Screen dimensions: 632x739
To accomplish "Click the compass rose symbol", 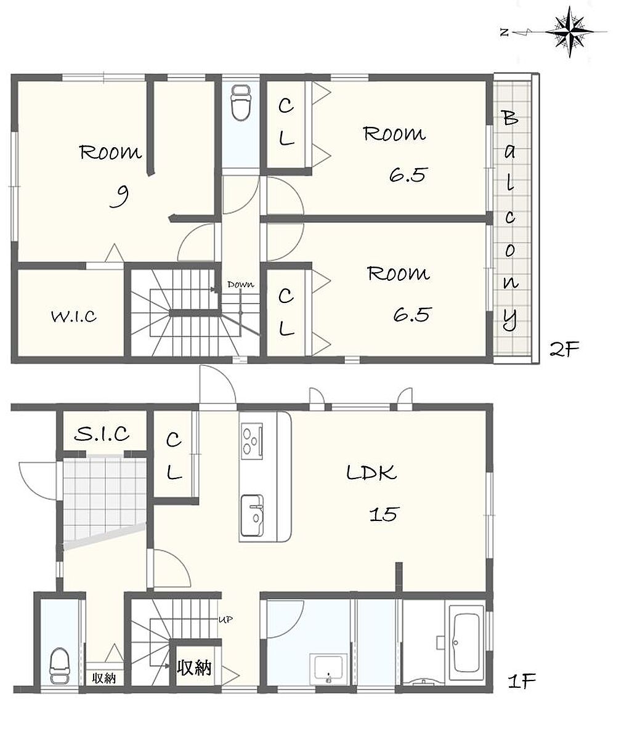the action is click(569, 32).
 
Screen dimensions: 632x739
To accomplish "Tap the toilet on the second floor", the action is click(240, 103).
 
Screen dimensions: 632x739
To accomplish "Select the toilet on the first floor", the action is click(59, 666).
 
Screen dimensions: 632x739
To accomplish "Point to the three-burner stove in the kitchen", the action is click(251, 441).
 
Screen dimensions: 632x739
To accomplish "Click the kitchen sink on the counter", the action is click(252, 516).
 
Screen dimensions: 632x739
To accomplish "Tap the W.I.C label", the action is click(74, 317).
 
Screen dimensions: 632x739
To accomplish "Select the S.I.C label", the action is click(102, 434).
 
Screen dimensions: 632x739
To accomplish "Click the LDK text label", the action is click(371, 472).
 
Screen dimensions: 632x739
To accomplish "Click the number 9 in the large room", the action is click(119, 196).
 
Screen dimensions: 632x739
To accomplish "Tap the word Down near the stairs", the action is click(241, 285).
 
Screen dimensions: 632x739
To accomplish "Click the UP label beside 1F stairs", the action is click(225, 620).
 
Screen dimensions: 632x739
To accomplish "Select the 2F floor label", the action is click(564, 349).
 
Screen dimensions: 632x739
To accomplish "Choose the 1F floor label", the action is click(522, 681).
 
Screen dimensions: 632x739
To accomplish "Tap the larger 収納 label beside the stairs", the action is click(194, 668).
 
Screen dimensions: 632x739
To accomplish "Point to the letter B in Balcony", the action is click(510, 118).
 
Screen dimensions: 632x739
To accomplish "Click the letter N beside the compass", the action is click(504, 33).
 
